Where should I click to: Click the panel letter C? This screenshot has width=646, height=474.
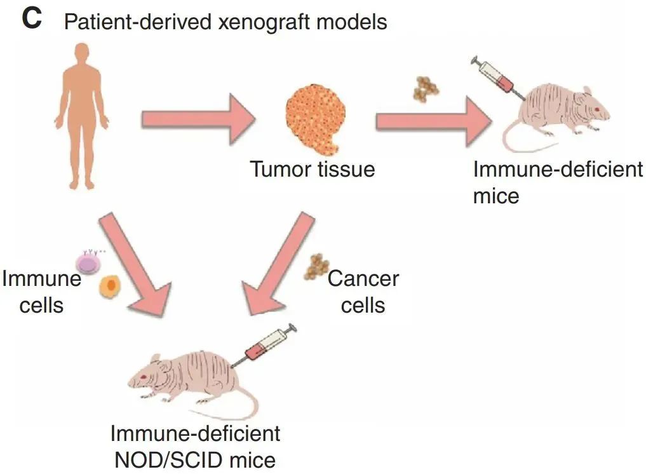(x=32, y=19)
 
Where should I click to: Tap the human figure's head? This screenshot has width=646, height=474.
(x=82, y=53)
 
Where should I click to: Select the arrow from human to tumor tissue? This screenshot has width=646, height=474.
(x=198, y=119)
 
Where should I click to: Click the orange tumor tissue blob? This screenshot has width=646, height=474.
(x=316, y=119)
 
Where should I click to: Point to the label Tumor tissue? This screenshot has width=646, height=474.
(x=313, y=170)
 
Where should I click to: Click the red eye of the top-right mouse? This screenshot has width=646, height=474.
(x=596, y=109)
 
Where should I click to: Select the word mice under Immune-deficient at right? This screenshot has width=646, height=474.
(x=496, y=196)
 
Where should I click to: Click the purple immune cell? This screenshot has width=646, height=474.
(x=88, y=263)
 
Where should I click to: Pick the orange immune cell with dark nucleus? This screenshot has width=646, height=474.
(x=110, y=286)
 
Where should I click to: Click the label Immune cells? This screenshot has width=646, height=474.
(x=42, y=292)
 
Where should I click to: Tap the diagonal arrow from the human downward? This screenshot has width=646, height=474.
(x=135, y=264)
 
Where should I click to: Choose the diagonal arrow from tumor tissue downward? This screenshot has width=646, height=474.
(x=278, y=264)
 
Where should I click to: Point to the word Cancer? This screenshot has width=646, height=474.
(x=363, y=279)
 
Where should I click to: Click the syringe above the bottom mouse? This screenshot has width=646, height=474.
(x=264, y=346)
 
